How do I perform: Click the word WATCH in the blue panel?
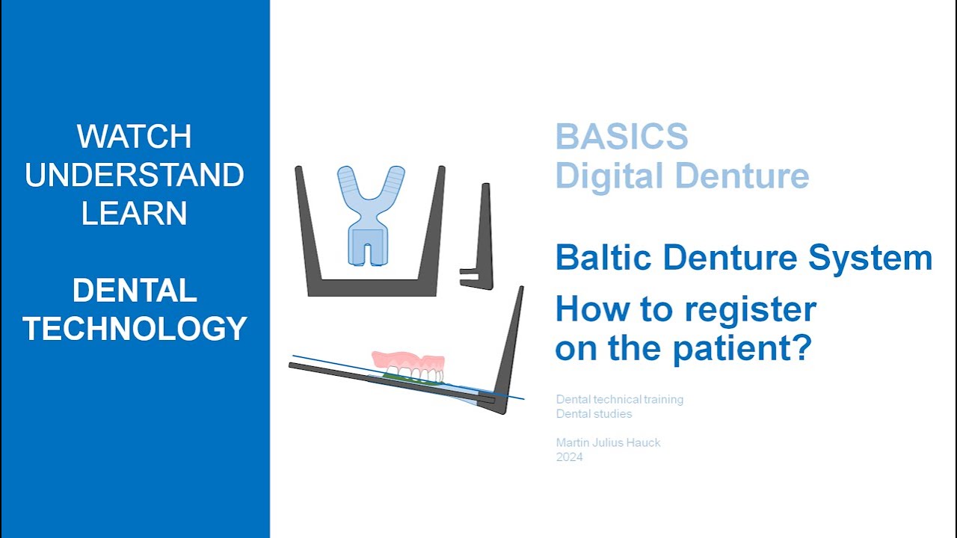[x=135, y=137]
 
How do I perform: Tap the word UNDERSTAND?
[x=135, y=176]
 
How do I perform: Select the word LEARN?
[x=135, y=214]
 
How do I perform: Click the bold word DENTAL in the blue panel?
[x=135, y=291]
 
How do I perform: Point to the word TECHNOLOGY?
[x=135, y=329]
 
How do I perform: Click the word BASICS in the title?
[x=621, y=137]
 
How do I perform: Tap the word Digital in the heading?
[x=609, y=176]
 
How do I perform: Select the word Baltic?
[x=603, y=259]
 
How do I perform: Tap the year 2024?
[x=569, y=457]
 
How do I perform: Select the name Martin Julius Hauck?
[x=608, y=442]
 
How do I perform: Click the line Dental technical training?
[x=619, y=399]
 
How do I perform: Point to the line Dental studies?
[x=594, y=414]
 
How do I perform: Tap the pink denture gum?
[x=408, y=360]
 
